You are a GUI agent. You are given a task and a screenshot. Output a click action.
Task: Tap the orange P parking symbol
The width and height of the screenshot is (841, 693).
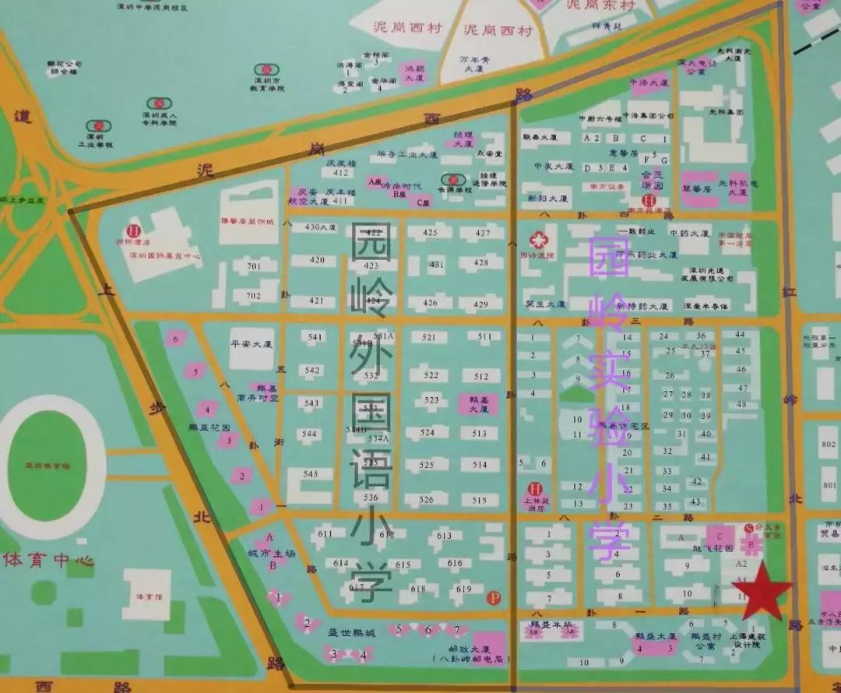click(492, 598)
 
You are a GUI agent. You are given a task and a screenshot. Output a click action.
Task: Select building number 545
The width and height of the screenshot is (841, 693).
click(311, 473)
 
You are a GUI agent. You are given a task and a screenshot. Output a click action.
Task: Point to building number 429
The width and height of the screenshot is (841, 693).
click(481, 304)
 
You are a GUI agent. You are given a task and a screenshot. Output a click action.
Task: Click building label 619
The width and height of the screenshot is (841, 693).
click(465, 589)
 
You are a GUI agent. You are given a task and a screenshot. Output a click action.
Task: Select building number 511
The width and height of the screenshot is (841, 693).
click(484, 336)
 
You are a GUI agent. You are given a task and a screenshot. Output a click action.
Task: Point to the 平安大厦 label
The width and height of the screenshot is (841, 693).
click(252, 343)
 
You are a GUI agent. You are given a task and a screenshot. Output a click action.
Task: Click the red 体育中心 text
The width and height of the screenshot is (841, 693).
click(49, 560)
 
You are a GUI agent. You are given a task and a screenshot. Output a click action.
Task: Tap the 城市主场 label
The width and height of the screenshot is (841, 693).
click(271, 553)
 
